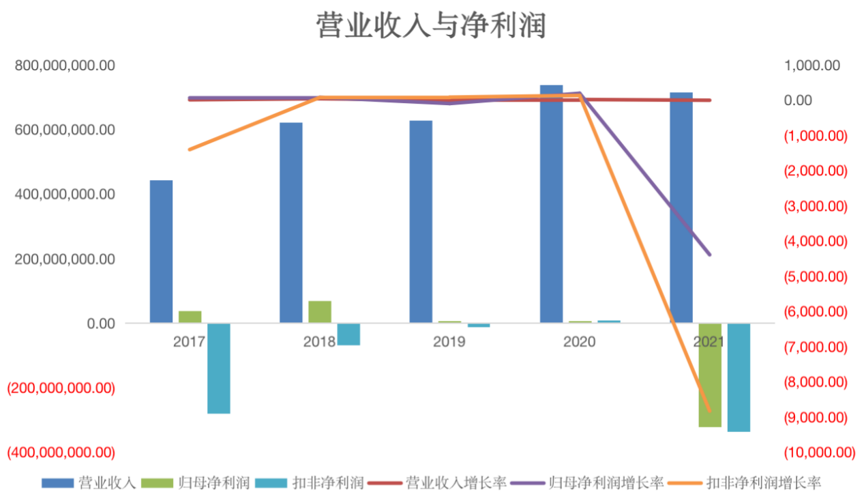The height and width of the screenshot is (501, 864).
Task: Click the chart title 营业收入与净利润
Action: tap(431, 27)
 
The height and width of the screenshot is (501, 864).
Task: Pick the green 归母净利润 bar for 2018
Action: tap(319, 311)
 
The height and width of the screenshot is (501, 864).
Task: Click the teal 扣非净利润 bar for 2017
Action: tap(219, 368)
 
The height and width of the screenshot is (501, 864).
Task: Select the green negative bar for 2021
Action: tap(710, 375)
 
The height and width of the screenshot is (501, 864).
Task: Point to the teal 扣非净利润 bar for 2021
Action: tap(739, 377)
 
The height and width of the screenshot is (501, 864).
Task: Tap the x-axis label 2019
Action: tap(449, 341)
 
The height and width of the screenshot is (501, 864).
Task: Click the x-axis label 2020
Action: tap(579, 341)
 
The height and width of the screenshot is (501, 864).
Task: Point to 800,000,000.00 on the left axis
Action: tap(65, 66)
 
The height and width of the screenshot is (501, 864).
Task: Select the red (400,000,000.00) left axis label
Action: tap(61, 452)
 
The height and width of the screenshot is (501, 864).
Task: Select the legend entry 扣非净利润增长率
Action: tap(763, 483)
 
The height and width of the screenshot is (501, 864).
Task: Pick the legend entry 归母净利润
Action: tap(213, 483)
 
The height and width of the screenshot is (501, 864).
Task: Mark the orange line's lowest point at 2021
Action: tap(709, 410)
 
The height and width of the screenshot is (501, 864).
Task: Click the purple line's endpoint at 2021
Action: tap(709, 254)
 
